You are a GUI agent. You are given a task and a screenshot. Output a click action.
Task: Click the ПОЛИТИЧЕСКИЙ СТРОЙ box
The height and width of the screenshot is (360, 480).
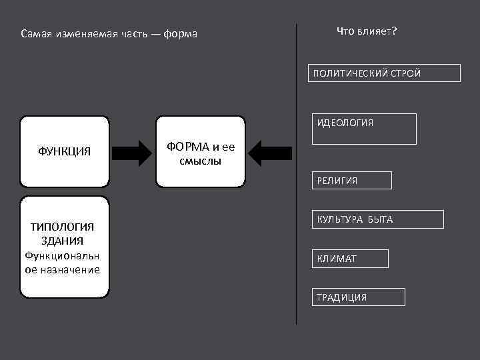pyautogui.click(x=384, y=73)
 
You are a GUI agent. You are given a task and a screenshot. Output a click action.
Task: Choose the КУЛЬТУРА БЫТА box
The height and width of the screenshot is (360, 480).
pyautogui.click(x=377, y=219)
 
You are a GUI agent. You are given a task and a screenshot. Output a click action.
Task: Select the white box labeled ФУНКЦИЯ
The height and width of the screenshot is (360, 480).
pyautogui.click(x=65, y=151)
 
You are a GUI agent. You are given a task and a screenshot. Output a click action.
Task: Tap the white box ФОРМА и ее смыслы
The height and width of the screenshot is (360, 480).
pyautogui.click(x=201, y=151)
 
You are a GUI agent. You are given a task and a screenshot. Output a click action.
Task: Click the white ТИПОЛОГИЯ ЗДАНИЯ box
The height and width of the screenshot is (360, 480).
pyautogui.click(x=65, y=246)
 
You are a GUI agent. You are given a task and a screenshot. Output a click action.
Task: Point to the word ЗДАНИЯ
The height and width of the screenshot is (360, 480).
pyautogui.click(x=62, y=241)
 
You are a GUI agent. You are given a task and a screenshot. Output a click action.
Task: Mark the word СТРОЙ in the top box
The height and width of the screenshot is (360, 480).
pyautogui.click(x=405, y=73)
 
